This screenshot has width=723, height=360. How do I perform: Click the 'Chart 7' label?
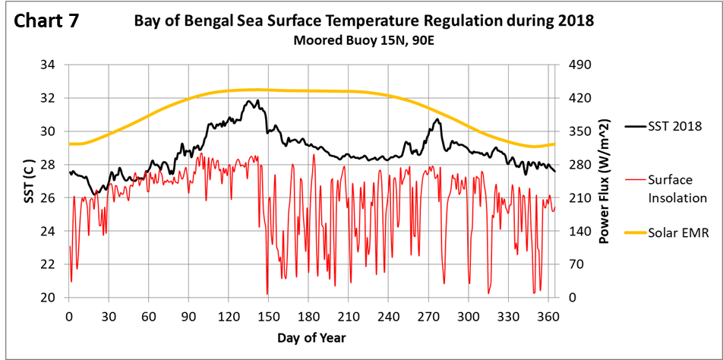pos(47,21)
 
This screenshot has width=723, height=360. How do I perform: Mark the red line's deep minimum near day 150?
pos(267,294)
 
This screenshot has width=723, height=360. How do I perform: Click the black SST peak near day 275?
pos(437,118)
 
